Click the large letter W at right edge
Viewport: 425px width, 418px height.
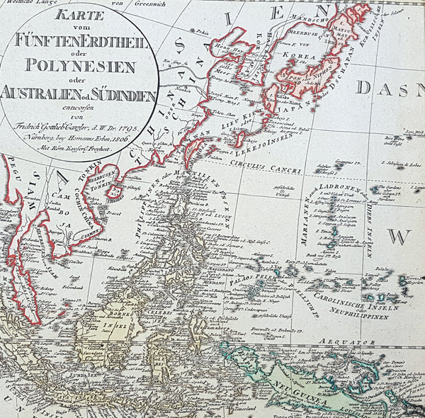pyautogui.click(x=404, y=235)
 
